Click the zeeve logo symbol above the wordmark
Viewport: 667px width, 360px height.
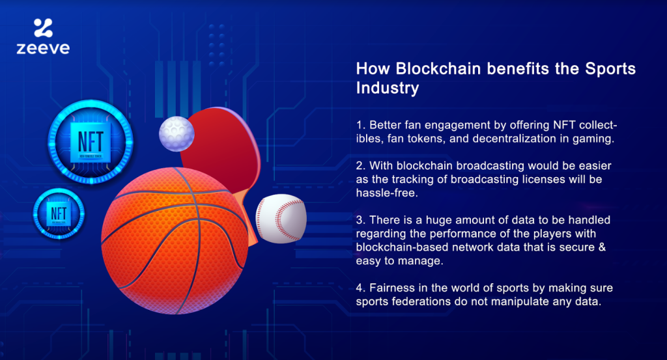(43, 27)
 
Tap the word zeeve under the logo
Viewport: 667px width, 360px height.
(43, 48)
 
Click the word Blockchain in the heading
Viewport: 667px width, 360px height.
(438, 69)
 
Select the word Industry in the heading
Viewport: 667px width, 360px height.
(388, 88)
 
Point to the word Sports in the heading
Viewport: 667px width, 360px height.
(610, 69)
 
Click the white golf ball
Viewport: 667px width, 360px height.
(177, 133)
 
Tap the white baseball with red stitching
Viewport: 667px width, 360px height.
(281, 219)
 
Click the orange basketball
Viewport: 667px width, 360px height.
(175, 241)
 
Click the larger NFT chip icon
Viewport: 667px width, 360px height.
(91, 142)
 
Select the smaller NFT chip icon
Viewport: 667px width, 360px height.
(59, 214)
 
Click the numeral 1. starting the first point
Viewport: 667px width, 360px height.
(361, 125)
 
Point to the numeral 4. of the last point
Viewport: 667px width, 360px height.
(361, 288)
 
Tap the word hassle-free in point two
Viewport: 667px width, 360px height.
(387, 193)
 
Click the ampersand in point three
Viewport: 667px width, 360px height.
(602, 247)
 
